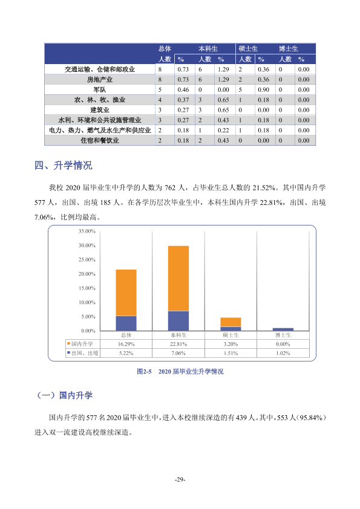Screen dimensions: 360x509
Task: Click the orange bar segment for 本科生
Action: [178, 279]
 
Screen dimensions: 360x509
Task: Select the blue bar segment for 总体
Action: [126, 323]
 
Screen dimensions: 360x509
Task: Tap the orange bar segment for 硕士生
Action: [231, 322]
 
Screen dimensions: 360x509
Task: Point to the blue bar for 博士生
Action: [283, 329]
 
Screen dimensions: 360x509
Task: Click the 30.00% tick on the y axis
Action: [87, 245]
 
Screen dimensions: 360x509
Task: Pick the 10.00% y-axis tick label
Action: [87, 302]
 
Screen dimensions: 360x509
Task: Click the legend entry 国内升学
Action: [80, 344]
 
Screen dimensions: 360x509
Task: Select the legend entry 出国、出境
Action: [82, 353]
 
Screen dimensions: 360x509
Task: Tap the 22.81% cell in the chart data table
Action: [178, 344]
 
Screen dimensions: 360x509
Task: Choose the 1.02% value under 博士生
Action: [283, 353]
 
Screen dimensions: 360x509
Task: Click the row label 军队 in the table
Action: [100, 89]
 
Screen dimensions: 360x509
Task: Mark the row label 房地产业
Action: [100, 80]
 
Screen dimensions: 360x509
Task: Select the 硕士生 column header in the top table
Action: [248, 49]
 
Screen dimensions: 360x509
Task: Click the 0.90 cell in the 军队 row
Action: [264, 89]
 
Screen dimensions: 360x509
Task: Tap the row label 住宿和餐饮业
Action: [100, 141]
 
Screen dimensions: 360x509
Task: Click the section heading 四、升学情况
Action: [64, 165]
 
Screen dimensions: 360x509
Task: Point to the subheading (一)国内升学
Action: [64, 395]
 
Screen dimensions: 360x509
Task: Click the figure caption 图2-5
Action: [144, 371]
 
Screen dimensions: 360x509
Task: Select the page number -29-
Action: [180, 479]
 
